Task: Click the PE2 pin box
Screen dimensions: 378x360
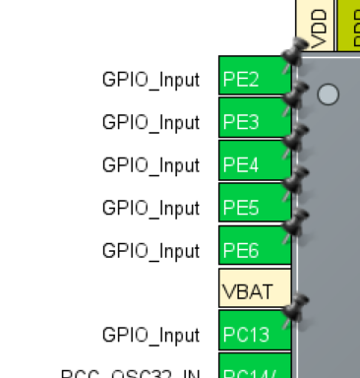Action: coord(254,80)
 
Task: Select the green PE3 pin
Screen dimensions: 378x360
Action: coord(254,122)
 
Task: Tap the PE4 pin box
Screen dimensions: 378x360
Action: coord(254,164)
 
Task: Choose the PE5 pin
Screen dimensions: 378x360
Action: coord(254,208)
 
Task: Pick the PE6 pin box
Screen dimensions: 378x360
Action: coord(254,250)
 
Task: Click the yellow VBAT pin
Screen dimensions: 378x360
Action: coord(254,292)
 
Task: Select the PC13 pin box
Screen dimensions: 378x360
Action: coord(254,335)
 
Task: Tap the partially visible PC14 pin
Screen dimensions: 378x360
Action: coord(254,372)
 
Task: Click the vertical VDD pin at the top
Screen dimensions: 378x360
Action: coord(318,27)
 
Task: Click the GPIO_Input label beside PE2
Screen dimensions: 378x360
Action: coord(150,80)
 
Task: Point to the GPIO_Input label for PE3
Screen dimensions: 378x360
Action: coord(150,122)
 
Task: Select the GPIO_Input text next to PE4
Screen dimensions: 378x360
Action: coord(150,164)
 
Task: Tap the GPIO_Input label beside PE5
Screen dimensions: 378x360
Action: coord(150,208)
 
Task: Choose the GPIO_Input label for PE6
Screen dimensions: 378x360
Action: coord(150,250)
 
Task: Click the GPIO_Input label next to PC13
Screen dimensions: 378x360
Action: coord(150,335)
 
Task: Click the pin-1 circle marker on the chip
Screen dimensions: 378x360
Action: coord(329,94)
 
